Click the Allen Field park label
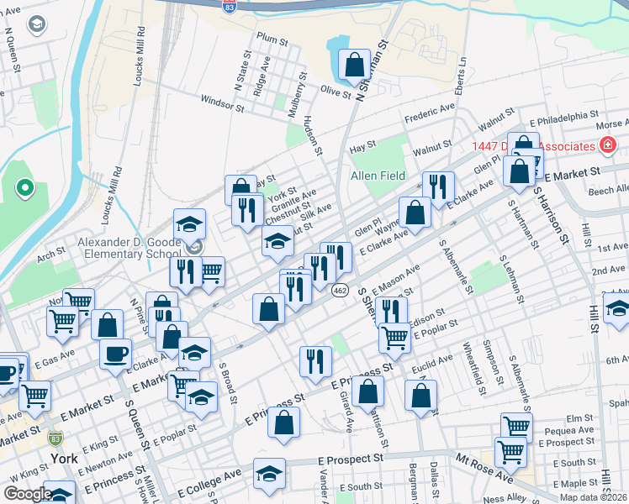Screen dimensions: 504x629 tap(378, 176)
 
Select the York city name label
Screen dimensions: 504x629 tap(64, 459)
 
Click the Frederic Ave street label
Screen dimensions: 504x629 tap(429, 112)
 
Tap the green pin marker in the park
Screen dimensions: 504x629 tap(25, 187)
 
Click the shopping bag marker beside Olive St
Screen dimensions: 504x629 tap(355, 64)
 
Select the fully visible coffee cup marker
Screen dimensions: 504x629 tap(115, 353)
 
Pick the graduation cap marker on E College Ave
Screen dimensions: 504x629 tap(269, 473)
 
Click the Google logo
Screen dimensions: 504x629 tap(28, 493)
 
